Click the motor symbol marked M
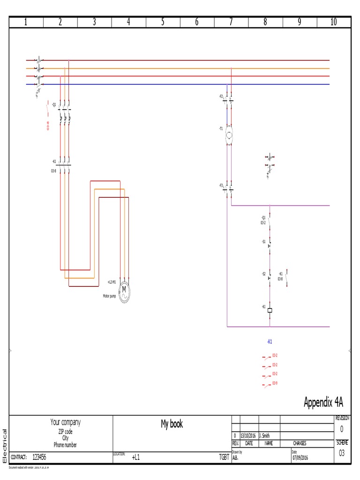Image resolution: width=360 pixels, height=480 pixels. pyautogui.click(x=125, y=292)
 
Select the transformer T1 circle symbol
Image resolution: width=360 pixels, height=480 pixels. pyautogui.click(x=229, y=136)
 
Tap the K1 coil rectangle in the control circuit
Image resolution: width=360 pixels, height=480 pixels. pyautogui.click(x=270, y=310)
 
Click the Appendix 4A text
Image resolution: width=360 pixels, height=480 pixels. pyautogui.click(x=323, y=402)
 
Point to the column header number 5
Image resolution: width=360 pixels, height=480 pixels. pyautogui.click(x=163, y=22)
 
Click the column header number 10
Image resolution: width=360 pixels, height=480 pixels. pyautogui.click(x=333, y=22)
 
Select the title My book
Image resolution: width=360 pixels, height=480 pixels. pyautogui.click(x=172, y=424)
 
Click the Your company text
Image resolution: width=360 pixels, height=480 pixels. pyautogui.click(x=65, y=422)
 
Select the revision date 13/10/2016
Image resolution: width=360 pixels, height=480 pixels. pyautogui.click(x=249, y=435)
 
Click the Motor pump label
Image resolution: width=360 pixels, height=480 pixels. pyautogui.click(x=109, y=296)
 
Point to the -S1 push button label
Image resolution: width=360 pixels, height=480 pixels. pyautogui.click(x=263, y=241)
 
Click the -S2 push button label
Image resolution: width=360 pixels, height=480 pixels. pyautogui.click(x=263, y=273)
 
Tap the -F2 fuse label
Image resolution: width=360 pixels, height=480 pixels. pyautogui.click(x=221, y=96)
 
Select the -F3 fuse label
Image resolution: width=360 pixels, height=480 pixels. pyautogui.click(x=221, y=186)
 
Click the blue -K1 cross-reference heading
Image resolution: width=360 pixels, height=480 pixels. pyautogui.click(x=270, y=342)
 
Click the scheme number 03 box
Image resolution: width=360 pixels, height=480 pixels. pyautogui.click(x=341, y=452)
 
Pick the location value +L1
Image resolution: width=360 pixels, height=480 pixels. pyautogui.click(x=135, y=457)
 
